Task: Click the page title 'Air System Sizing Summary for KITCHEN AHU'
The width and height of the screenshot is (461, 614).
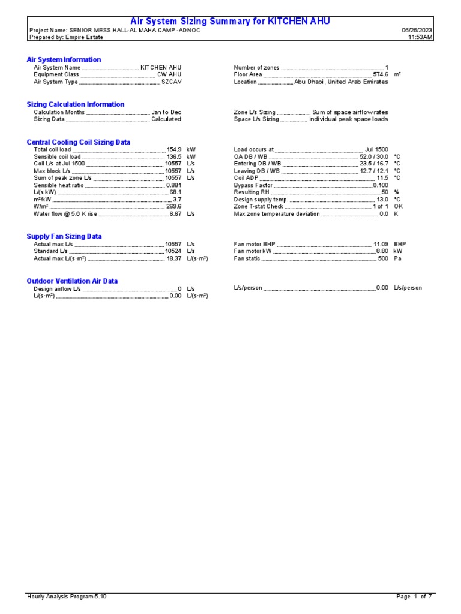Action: pyautogui.click(x=230, y=22)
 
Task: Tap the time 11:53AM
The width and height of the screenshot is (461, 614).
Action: pyautogui.click(x=420, y=37)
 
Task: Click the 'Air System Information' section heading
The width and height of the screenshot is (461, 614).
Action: pyautogui.click(x=64, y=60)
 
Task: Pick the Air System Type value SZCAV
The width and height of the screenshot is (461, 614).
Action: pyautogui.click(x=171, y=82)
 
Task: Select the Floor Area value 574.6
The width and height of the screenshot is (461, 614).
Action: pyautogui.click(x=381, y=75)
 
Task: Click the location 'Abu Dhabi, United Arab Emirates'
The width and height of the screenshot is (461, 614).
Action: pyautogui.click(x=341, y=82)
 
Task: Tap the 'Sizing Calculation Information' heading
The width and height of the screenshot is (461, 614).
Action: pyautogui.click(x=76, y=104)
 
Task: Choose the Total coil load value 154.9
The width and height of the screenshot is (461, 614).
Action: pyautogui.click(x=174, y=149)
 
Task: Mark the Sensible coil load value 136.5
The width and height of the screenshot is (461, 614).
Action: pyautogui.click(x=174, y=156)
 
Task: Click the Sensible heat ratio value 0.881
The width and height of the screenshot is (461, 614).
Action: pyautogui.click(x=173, y=185)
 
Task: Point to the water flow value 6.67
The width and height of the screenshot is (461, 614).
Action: pyautogui.click(x=175, y=213)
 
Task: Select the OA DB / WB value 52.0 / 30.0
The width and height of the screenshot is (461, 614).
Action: pyautogui.click(x=373, y=156)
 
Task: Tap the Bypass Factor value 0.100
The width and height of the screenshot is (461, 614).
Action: pyautogui.click(x=381, y=185)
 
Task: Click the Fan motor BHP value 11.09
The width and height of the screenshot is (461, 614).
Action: pyautogui.click(x=381, y=245)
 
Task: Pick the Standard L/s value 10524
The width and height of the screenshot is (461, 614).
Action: pyautogui.click(x=173, y=252)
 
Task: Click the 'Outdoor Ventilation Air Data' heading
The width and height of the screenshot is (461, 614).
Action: pyautogui.click(x=72, y=281)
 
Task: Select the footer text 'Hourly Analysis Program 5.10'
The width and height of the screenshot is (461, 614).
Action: pyautogui.click(x=67, y=597)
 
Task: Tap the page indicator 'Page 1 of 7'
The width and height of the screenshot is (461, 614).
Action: pyautogui.click(x=414, y=597)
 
